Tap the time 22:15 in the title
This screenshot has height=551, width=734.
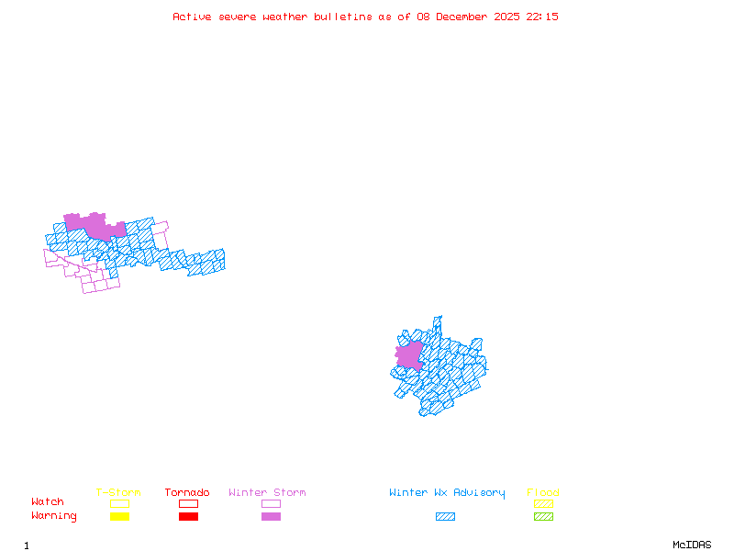pyautogui.click(x=542, y=17)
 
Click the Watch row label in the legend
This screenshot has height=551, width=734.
pyautogui.click(x=48, y=502)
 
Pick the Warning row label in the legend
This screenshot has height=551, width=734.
pyautogui.click(x=54, y=516)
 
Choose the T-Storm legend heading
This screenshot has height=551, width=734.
pyautogui.click(x=118, y=493)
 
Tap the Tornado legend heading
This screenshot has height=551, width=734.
pyautogui.click(x=187, y=493)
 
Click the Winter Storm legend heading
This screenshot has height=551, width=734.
pyautogui.click(x=267, y=493)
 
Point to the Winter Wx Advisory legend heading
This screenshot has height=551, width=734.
pyautogui.click(x=447, y=493)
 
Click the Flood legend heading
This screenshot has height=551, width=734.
pyautogui.click(x=543, y=493)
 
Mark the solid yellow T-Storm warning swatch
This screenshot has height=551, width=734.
pyautogui.click(x=119, y=517)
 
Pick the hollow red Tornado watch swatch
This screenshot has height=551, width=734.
pyautogui.click(x=188, y=503)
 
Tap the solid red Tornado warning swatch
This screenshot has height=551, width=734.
pyautogui.click(x=188, y=517)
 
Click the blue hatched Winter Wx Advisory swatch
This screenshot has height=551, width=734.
pyautogui.click(x=445, y=517)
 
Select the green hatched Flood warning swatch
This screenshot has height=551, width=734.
pyautogui.click(x=543, y=517)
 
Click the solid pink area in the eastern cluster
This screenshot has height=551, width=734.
pyautogui.click(x=409, y=355)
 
